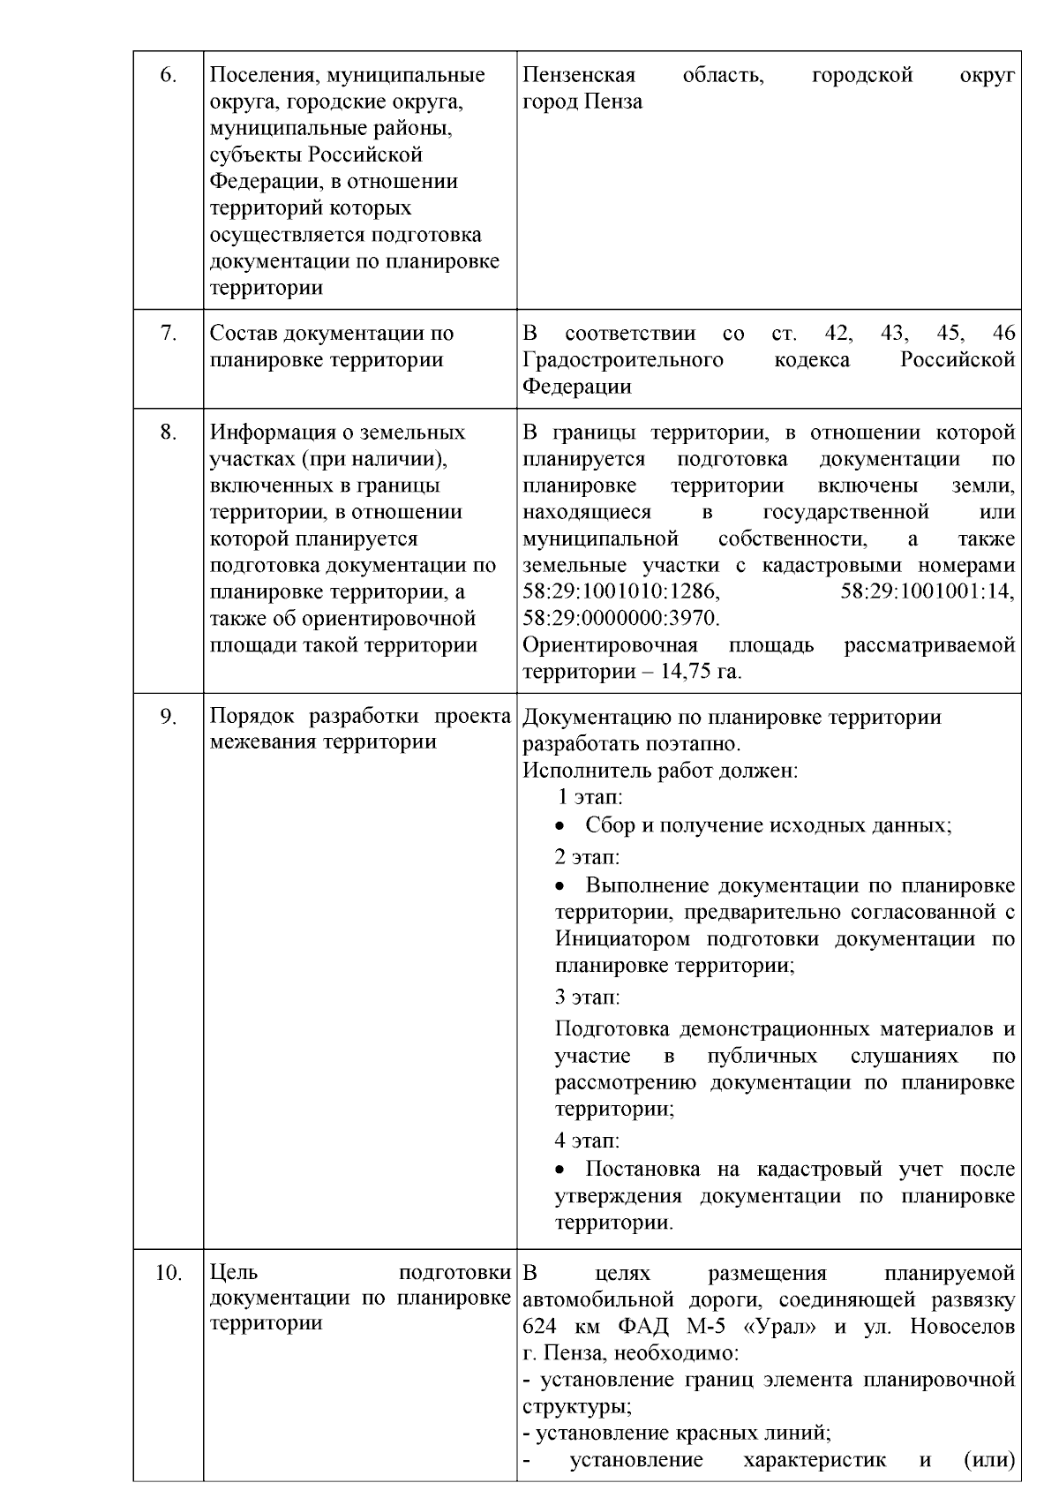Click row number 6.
click(168, 75)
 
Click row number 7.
click(168, 334)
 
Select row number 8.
click(168, 433)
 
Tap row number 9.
click(168, 717)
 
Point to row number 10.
click(168, 1274)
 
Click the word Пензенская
click(579, 75)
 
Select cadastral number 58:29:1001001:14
click(928, 591)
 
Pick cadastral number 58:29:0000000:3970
click(621, 617)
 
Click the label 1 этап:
click(590, 797)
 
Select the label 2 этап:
click(587, 857)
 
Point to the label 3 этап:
click(587, 997)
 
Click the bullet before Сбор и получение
click(560, 827)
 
